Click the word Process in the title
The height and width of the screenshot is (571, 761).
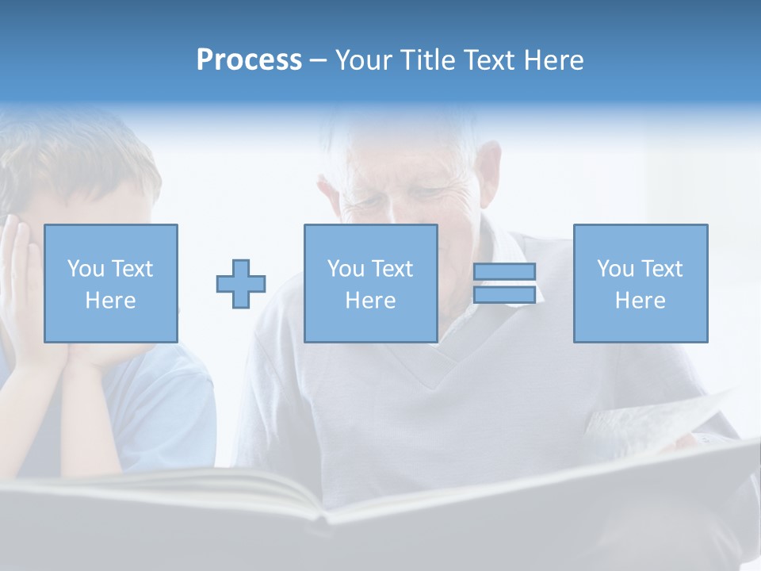click(x=249, y=60)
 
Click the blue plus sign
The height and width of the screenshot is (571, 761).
click(x=241, y=284)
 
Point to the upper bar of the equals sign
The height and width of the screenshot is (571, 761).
click(x=504, y=272)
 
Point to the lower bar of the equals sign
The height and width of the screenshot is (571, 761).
click(x=504, y=295)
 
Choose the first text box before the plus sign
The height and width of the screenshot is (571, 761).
click(x=111, y=283)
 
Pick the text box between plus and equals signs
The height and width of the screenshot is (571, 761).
click(x=370, y=283)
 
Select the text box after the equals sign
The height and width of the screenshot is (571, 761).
click(x=640, y=283)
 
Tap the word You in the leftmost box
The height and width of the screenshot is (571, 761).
click(x=86, y=269)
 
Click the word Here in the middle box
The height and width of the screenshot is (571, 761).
click(x=370, y=301)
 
